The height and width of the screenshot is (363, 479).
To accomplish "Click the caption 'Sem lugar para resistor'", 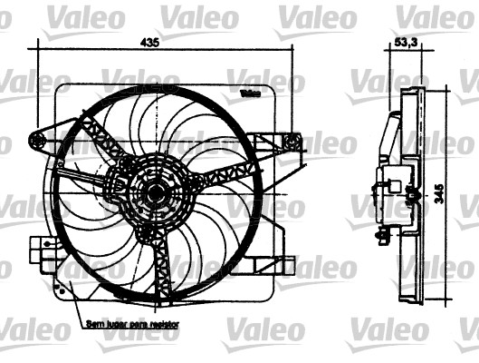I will pos(132,323).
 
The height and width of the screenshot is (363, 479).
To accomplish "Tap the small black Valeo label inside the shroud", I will pos(251,93).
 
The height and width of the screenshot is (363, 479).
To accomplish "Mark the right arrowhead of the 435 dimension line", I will pos(292,52).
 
